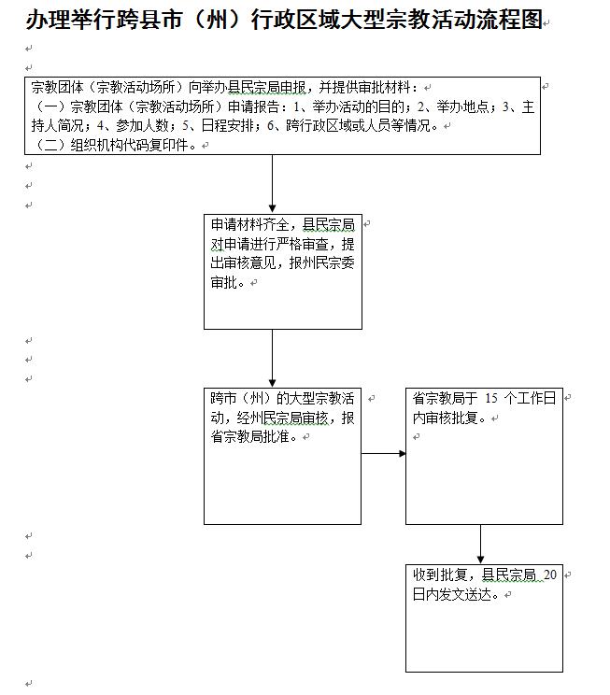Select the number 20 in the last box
click(550, 575)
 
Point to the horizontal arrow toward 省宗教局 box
click(383, 454)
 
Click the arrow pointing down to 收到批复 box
click(480, 545)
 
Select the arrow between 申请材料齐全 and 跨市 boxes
click(272, 359)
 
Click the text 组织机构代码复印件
click(129, 145)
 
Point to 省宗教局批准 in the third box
click(253, 436)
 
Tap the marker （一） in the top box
click(50, 107)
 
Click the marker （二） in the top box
click(50, 145)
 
